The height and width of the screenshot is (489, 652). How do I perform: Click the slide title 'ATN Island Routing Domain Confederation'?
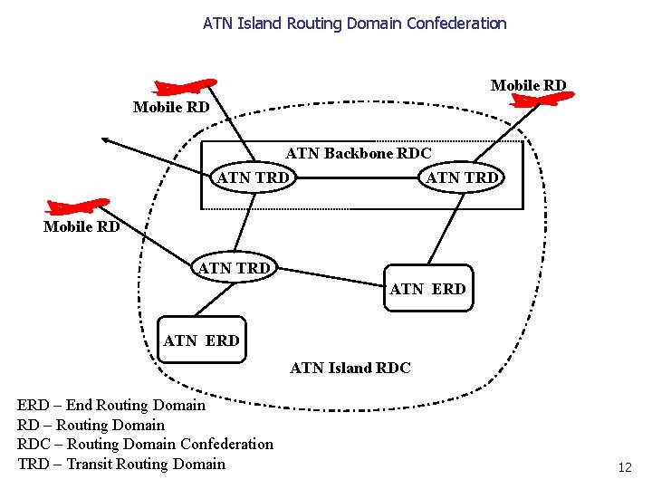click(x=354, y=23)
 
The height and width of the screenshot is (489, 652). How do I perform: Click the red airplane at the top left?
click(x=185, y=87)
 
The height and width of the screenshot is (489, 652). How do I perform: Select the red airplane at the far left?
click(x=77, y=207)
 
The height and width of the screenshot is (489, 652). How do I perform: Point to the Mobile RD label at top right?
click(x=528, y=85)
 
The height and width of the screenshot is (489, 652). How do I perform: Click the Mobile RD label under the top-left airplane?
click(x=171, y=107)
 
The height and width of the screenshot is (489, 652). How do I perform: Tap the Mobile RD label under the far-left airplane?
click(x=81, y=226)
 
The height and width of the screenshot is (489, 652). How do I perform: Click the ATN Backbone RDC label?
click(x=359, y=153)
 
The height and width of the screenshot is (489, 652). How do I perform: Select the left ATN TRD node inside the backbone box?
click(x=253, y=177)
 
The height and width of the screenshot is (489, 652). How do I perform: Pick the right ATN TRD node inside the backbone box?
click(x=461, y=177)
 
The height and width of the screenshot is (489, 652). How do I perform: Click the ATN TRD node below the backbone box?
click(x=234, y=267)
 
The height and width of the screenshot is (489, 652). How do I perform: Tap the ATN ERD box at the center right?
click(x=427, y=289)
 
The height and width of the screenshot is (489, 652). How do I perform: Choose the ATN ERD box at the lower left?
click(x=201, y=340)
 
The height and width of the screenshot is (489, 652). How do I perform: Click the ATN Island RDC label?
click(x=350, y=368)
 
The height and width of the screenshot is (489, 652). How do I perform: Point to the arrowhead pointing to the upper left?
click(x=105, y=139)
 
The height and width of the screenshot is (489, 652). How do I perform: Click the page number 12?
click(x=625, y=468)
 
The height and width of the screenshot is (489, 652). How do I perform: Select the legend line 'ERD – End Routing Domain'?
click(x=111, y=406)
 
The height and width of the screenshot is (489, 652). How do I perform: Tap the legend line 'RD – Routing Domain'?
click(x=91, y=425)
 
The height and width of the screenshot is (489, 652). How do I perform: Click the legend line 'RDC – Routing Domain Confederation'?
click(x=145, y=444)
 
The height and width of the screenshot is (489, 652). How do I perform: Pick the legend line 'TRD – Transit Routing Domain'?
click(x=121, y=464)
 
